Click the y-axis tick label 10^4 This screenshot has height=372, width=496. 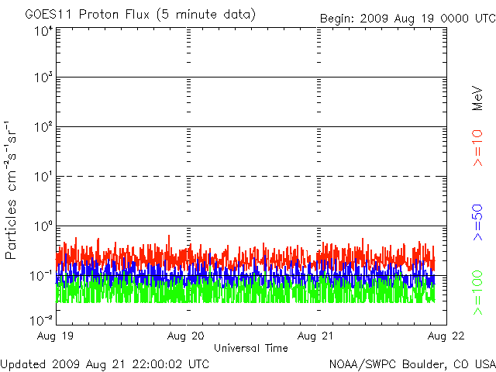(x=43, y=31)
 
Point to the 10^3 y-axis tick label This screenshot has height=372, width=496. (x=43, y=78)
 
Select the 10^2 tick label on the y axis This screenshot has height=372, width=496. (x=43, y=127)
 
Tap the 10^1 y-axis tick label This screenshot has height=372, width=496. (x=43, y=177)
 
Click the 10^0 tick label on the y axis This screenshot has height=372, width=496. (x=43, y=226)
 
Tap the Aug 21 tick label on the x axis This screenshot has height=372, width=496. (x=316, y=336)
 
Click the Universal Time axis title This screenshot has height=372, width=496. (x=251, y=348)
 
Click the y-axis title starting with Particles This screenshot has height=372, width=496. (x=12, y=190)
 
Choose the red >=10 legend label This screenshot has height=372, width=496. (x=478, y=147)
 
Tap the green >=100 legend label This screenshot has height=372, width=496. (x=478, y=292)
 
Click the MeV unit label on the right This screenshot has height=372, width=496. (x=478, y=96)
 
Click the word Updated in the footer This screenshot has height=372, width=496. (x=22, y=363)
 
